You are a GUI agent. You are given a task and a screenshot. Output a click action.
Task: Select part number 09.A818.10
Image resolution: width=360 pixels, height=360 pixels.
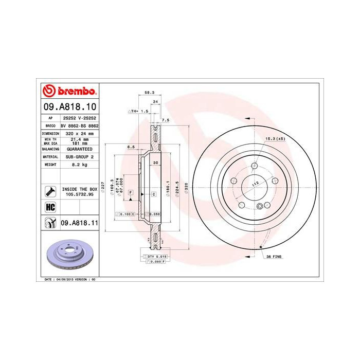click(x=68, y=107)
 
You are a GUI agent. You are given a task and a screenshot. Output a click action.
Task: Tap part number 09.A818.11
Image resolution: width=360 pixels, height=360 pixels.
click(x=79, y=223)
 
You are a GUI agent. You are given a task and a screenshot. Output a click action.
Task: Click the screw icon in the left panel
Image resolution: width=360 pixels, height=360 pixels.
click(x=50, y=191)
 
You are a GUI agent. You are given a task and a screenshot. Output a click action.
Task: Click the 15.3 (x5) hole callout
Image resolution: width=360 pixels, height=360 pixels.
click(x=275, y=139)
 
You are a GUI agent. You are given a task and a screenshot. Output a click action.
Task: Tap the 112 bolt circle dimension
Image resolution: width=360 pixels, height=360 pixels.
click(x=254, y=184)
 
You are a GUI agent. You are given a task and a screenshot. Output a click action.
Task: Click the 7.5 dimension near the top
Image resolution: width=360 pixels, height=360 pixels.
click(x=165, y=120)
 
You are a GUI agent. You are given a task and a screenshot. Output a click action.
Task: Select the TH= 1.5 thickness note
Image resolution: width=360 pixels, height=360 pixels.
click(x=138, y=111)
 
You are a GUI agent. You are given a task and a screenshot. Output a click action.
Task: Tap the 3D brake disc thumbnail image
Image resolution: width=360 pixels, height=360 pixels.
click(x=69, y=254)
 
